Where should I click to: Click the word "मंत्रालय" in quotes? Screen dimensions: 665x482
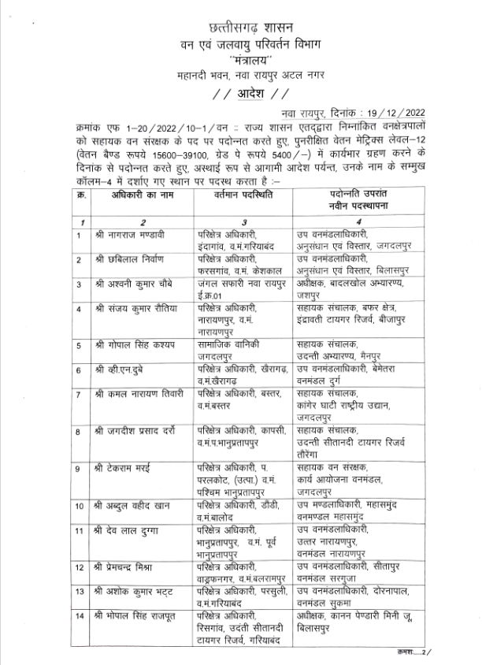[x=240, y=58]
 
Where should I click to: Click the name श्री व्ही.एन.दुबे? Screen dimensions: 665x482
[x=124, y=369]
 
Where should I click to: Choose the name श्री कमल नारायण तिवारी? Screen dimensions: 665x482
[x=139, y=392]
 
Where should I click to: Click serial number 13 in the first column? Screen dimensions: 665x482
[x=80, y=589]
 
